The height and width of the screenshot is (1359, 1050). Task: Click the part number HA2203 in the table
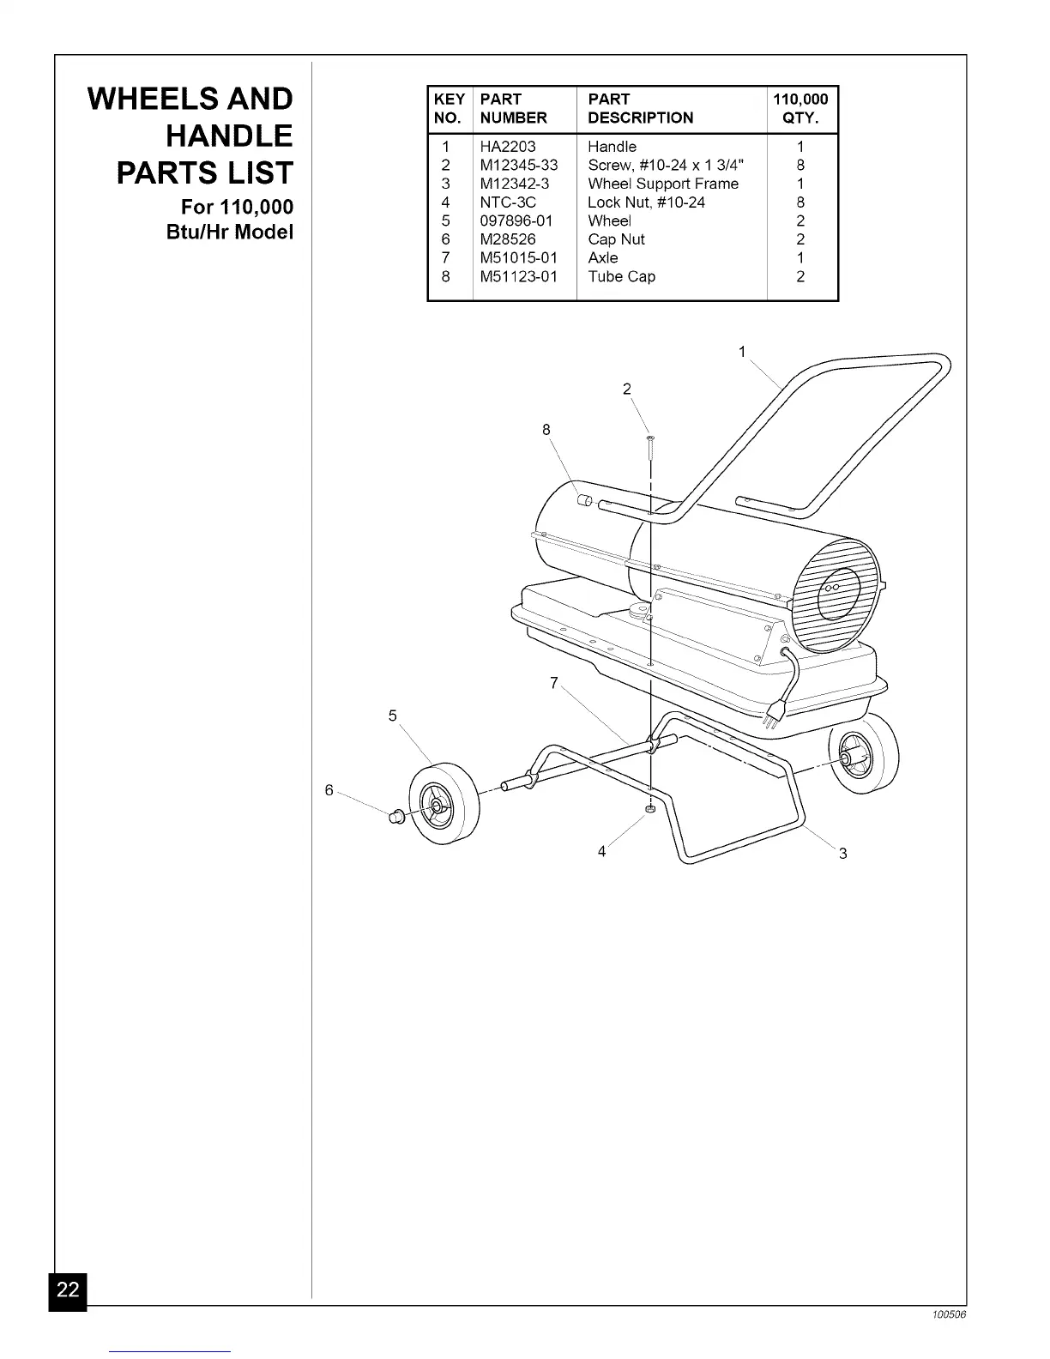508,147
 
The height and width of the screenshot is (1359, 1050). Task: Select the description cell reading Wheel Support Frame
662,184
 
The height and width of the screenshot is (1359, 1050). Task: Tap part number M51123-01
518,276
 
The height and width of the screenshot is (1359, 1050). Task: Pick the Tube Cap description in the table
621,276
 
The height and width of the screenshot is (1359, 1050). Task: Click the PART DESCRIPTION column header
640,109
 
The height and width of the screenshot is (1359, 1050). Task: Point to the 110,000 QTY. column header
800,109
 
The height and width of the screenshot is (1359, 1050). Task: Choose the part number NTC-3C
508,202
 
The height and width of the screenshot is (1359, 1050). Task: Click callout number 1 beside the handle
742,352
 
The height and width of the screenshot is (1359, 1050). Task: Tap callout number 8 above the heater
546,430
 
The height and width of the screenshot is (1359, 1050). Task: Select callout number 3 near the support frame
843,854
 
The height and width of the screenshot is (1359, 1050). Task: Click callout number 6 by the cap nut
329,790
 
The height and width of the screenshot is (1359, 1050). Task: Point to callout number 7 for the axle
554,683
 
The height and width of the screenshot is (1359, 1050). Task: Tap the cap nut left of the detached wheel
397,816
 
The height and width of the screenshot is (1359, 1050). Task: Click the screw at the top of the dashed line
650,443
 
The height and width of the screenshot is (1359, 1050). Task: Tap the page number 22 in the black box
68,1289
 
